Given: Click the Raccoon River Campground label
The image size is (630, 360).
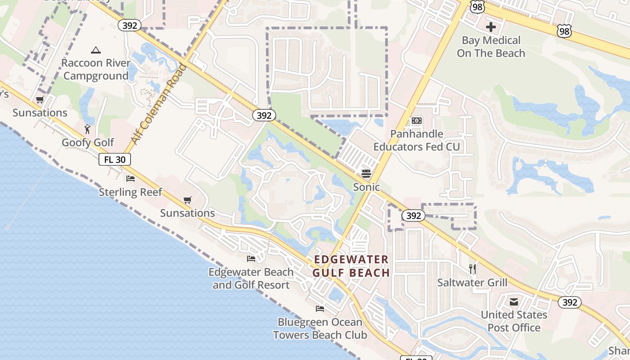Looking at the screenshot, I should [x=96, y=69].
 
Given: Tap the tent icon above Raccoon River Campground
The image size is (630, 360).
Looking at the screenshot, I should [x=95, y=50].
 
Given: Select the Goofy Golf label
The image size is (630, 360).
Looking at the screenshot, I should [x=88, y=143].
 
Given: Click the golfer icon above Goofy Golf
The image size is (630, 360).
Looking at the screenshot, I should [x=88, y=130].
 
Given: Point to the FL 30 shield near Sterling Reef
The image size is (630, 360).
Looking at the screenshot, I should [x=115, y=159].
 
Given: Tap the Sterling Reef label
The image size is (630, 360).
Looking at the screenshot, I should [x=130, y=192].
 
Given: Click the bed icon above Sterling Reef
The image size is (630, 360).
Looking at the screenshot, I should [x=130, y=179].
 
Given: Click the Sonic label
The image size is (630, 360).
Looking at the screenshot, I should [x=366, y=187].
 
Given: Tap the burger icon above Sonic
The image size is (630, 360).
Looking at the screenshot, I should [x=366, y=174].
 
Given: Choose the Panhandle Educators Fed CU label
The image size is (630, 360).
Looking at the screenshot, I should [x=417, y=140].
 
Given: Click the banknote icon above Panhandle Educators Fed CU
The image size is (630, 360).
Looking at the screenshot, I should [x=417, y=121].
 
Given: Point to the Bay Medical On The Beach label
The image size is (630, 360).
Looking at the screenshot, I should [x=491, y=47].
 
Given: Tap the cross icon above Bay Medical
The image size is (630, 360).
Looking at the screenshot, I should [x=491, y=27].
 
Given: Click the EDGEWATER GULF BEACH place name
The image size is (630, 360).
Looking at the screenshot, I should [x=351, y=266].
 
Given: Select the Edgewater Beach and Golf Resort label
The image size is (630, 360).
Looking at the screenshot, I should [x=251, y=279].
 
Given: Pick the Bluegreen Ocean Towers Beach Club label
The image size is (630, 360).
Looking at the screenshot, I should [x=320, y=328].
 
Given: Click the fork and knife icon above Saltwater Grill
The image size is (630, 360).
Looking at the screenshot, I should [x=472, y=269].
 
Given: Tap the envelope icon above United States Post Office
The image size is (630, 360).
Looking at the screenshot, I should [x=514, y=301].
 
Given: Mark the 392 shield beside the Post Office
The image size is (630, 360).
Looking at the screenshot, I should [x=570, y=302].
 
